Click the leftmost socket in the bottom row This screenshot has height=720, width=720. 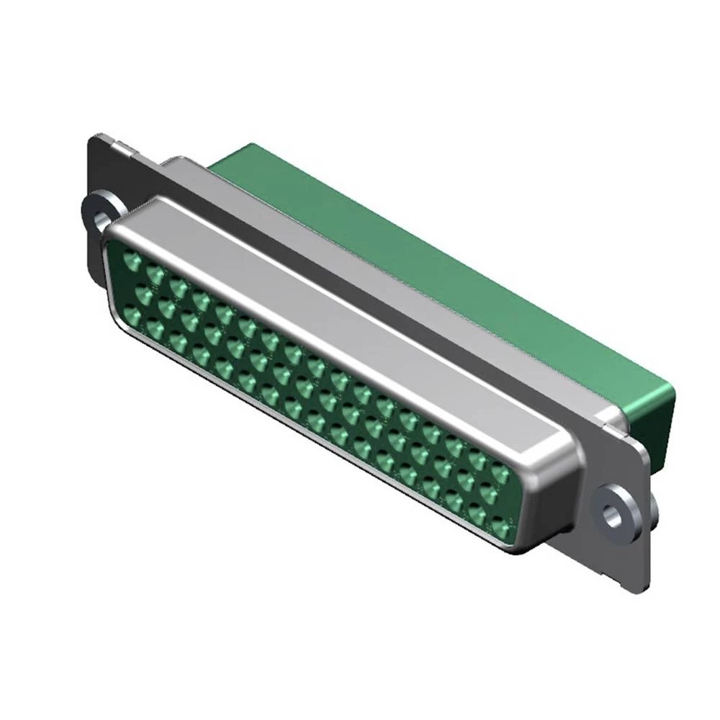click(133, 315)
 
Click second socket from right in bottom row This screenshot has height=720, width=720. click(477, 515)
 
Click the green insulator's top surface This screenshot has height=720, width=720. click(432, 274)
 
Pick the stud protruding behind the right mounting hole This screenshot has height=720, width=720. click(654, 508)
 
